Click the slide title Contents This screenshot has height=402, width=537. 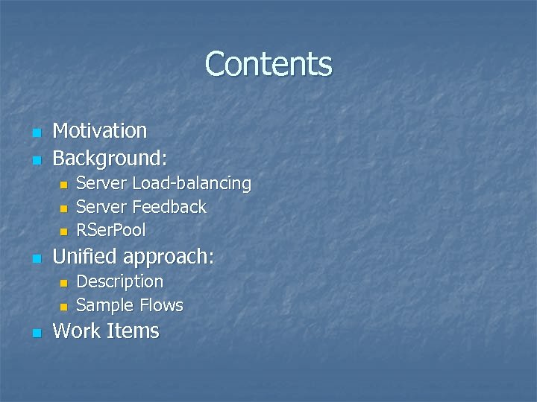pos(268,64)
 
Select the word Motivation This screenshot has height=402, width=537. pos(100,131)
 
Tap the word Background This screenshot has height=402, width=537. pos(108,158)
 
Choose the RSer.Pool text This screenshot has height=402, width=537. pos(111,229)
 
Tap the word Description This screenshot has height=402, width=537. pos(120,282)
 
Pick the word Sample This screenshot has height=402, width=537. pos(103,305)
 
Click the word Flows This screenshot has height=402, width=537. pos(159,305)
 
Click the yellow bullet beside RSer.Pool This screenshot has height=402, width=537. pos(64,231)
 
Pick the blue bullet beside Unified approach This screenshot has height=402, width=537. pos(35,259)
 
